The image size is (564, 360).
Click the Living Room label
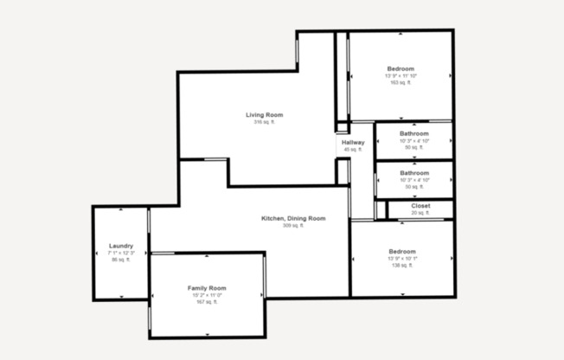click(x=264, y=115)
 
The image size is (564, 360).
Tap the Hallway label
click(x=353, y=143)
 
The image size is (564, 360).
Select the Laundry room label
click(x=121, y=246)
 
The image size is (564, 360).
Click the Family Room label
click(x=207, y=287)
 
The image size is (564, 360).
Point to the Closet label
click(x=420, y=206)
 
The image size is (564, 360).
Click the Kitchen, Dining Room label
click(x=293, y=218)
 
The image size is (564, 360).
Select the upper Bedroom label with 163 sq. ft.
click(x=401, y=68)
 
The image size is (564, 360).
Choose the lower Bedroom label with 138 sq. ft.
click(x=401, y=252)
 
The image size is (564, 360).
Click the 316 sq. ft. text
click(x=264, y=123)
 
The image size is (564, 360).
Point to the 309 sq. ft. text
click(x=293, y=226)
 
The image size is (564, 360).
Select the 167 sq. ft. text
click(x=207, y=302)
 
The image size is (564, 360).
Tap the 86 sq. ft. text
click(x=121, y=260)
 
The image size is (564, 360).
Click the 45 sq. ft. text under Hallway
click(x=353, y=150)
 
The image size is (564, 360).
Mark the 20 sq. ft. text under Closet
click(x=420, y=213)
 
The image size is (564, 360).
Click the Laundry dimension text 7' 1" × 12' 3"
click(x=121, y=253)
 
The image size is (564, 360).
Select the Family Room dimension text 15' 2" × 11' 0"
click(x=207, y=295)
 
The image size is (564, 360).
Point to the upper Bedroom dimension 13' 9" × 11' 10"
click(x=401, y=76)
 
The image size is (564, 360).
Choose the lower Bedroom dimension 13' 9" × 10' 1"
click(x=401, y=259)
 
